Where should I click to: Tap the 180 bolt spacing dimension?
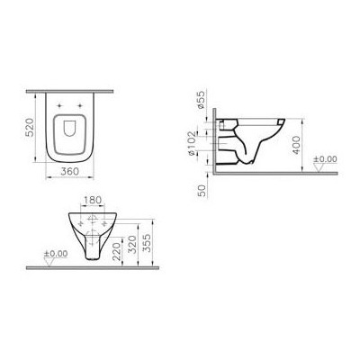point(89,200)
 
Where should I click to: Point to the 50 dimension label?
point(203,187)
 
